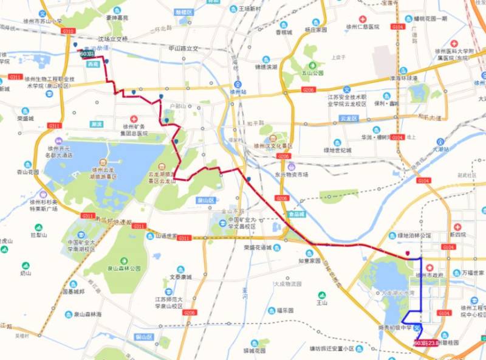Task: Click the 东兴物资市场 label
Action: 292,174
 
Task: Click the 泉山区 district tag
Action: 207,199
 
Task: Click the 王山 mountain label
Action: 322,302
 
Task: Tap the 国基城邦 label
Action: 74,291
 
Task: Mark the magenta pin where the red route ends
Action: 408,254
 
